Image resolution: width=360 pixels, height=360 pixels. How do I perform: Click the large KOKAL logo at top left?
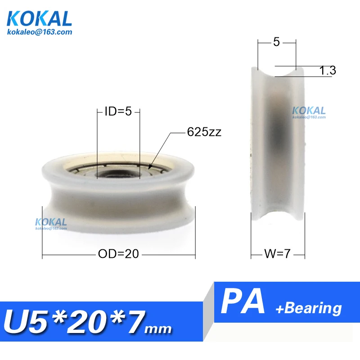tap(39, 18)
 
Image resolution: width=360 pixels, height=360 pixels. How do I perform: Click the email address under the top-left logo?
tap(40, 31)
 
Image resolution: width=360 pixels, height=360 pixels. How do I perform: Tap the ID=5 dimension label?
tap(118, 111)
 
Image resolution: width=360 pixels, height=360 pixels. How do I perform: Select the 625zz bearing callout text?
tap(204, 132)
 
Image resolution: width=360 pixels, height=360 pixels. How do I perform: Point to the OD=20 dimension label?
tap(118, 254)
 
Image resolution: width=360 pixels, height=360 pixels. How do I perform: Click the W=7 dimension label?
tap(277, 254)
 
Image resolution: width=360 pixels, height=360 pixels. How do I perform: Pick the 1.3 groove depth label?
tap(328, 70)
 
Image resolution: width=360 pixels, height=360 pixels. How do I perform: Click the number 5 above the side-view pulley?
tap(276, 42)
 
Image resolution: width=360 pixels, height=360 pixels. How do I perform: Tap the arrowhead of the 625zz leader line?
tap(150, 167)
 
